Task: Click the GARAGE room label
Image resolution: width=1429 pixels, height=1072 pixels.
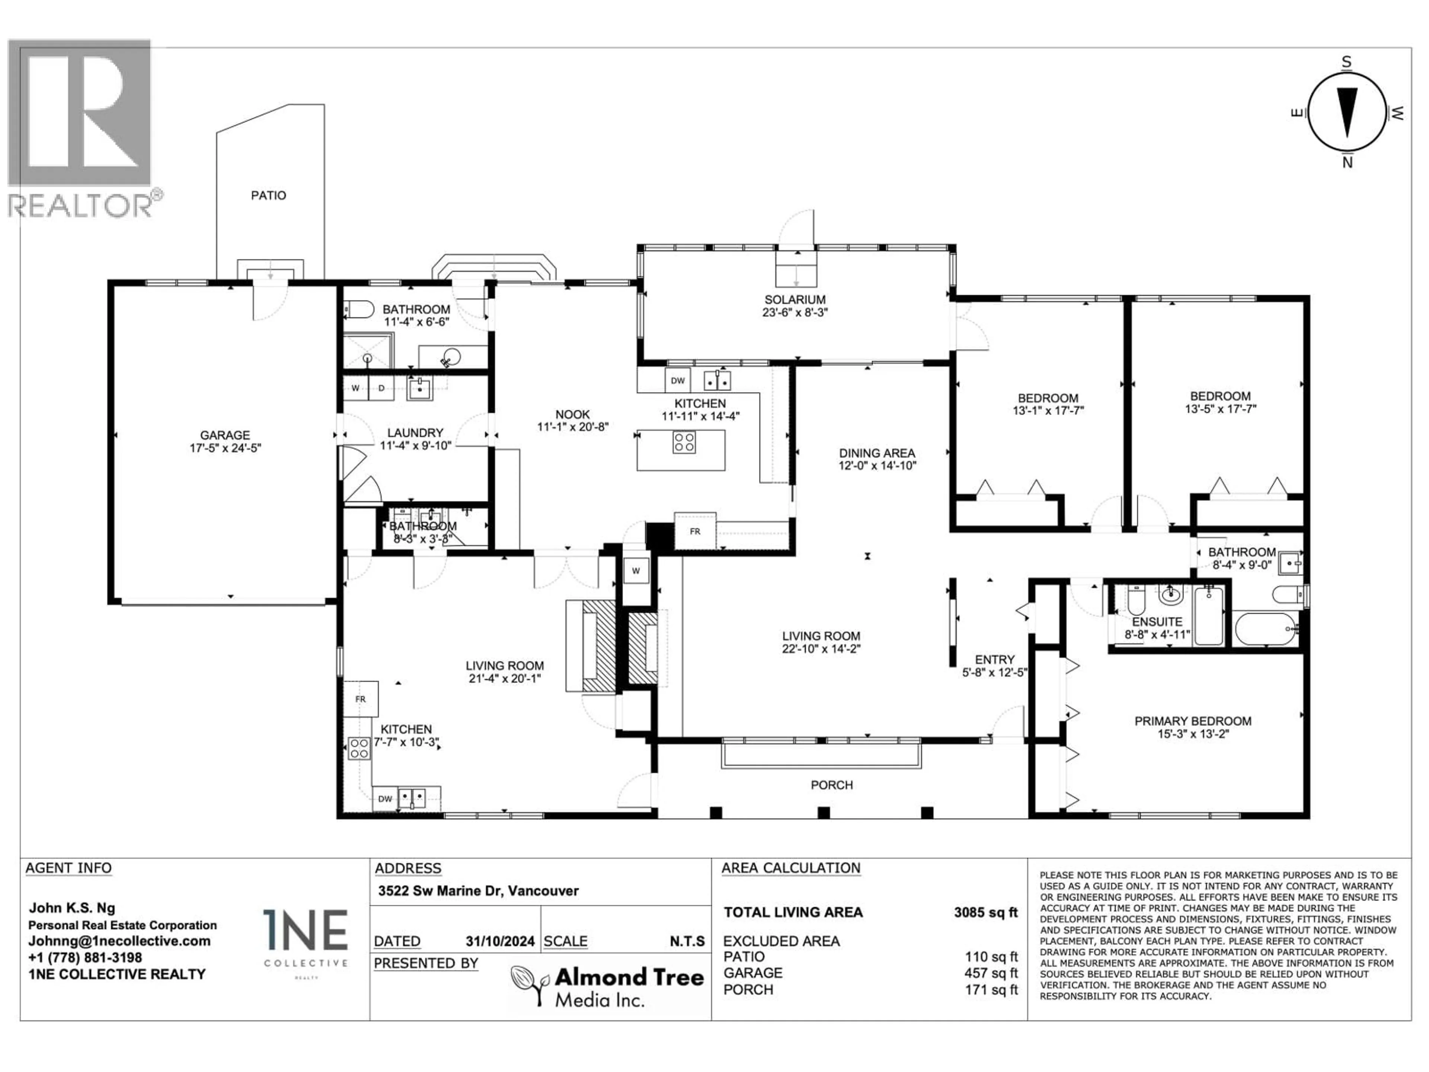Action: coord(225,435)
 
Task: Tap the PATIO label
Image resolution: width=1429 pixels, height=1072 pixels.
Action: coord(269,195)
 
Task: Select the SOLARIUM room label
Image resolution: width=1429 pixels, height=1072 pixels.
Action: coord(795,300)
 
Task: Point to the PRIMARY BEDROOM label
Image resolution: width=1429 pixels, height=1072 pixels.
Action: coord(1193,721)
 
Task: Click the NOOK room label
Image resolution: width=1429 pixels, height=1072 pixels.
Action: coord(572,414)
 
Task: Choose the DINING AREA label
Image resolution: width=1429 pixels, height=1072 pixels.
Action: coord(877,453)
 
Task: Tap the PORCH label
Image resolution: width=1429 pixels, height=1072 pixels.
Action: coord(832,785)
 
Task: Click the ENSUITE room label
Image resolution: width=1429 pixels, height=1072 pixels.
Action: coord(1157,622)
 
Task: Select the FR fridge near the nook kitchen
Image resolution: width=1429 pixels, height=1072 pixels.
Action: coord(695,531)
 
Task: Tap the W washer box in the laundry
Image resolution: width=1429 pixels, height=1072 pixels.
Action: coord(355,388)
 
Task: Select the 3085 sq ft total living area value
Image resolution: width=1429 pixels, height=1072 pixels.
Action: coord(986,912)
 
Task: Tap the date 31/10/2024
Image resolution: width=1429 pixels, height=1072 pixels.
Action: coord(500,941)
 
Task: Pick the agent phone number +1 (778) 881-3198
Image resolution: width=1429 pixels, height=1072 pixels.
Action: coord(85,958)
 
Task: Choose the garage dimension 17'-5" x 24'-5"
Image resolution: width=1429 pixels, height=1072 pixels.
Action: coord(225,448)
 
